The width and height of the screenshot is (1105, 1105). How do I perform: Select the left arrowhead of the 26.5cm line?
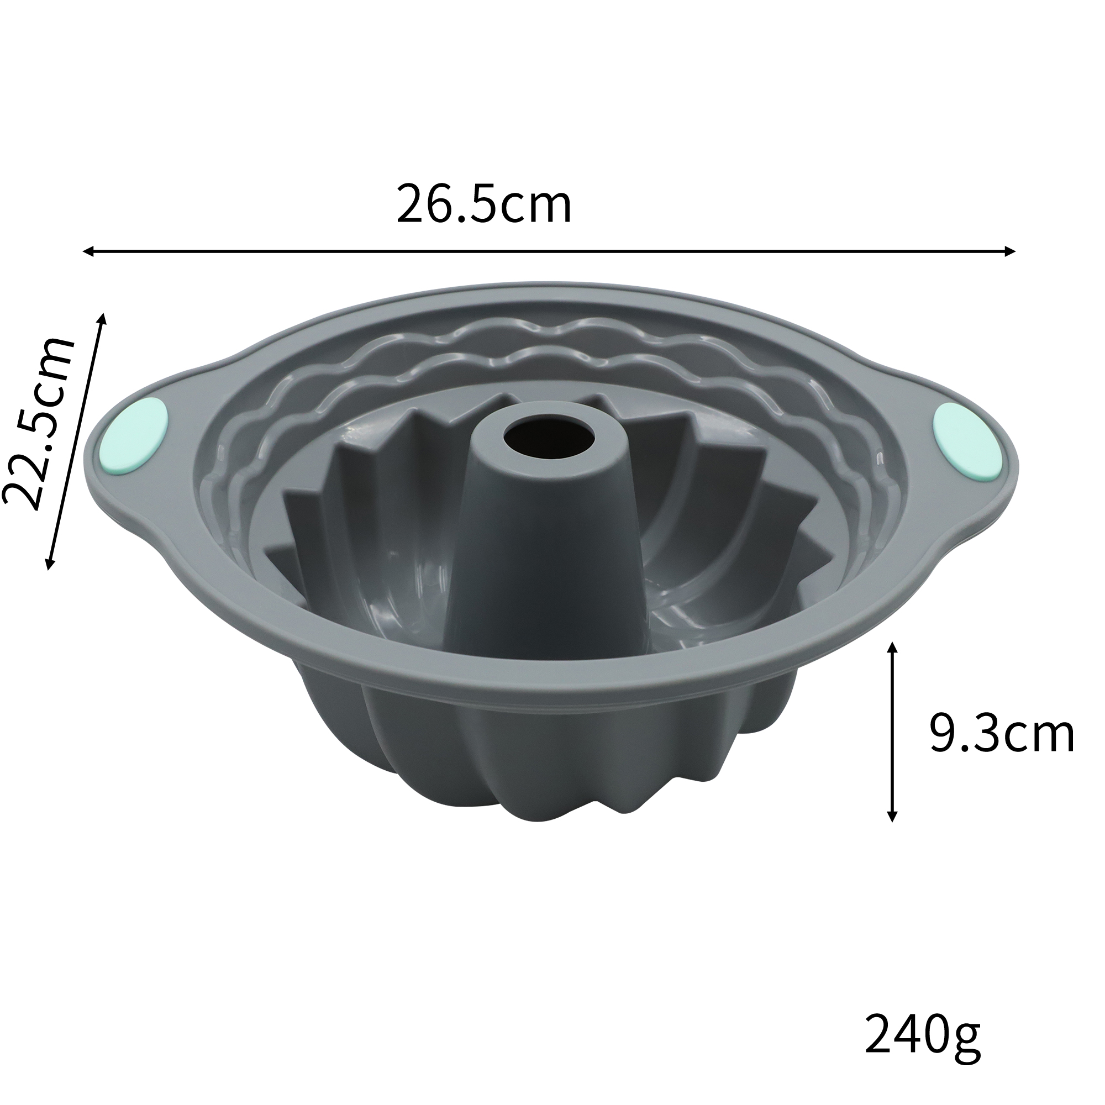(x=88, y=251)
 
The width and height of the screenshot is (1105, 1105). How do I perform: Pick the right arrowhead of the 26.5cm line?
(x=1009, y=250)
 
